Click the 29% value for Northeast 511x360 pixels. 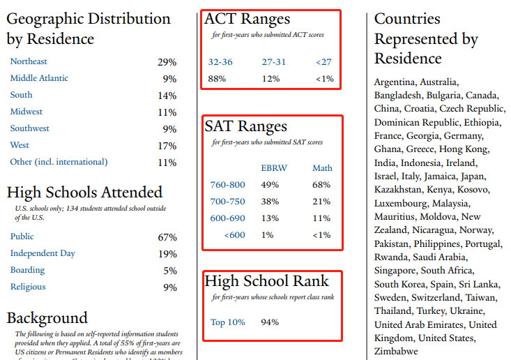[x=167, y=62]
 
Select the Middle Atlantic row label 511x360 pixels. [x=39, y=78]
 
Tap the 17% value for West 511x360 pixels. [x=167, y=146]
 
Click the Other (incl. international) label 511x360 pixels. [x=59, y=162]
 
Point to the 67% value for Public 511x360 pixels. [x=167, y=237]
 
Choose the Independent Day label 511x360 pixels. [x=43, y=253]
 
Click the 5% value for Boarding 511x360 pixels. [x=170, y=271]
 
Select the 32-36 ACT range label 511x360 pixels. [x=220, y=62]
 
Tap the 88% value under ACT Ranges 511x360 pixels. [x=217, y=79]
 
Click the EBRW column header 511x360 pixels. [x=274, y=168]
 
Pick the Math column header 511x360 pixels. [x=322, y=168]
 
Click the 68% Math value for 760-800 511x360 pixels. [x=321, y=185]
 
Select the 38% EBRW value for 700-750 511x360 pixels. [x=270, y=202]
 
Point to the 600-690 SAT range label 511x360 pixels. [x=227, y=218]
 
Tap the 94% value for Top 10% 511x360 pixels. [x=270, y=322]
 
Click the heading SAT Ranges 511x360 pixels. [x=245, y=126]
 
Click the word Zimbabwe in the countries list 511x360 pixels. [x=396, y=351]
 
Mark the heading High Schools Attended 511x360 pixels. [x=84, y=193]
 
